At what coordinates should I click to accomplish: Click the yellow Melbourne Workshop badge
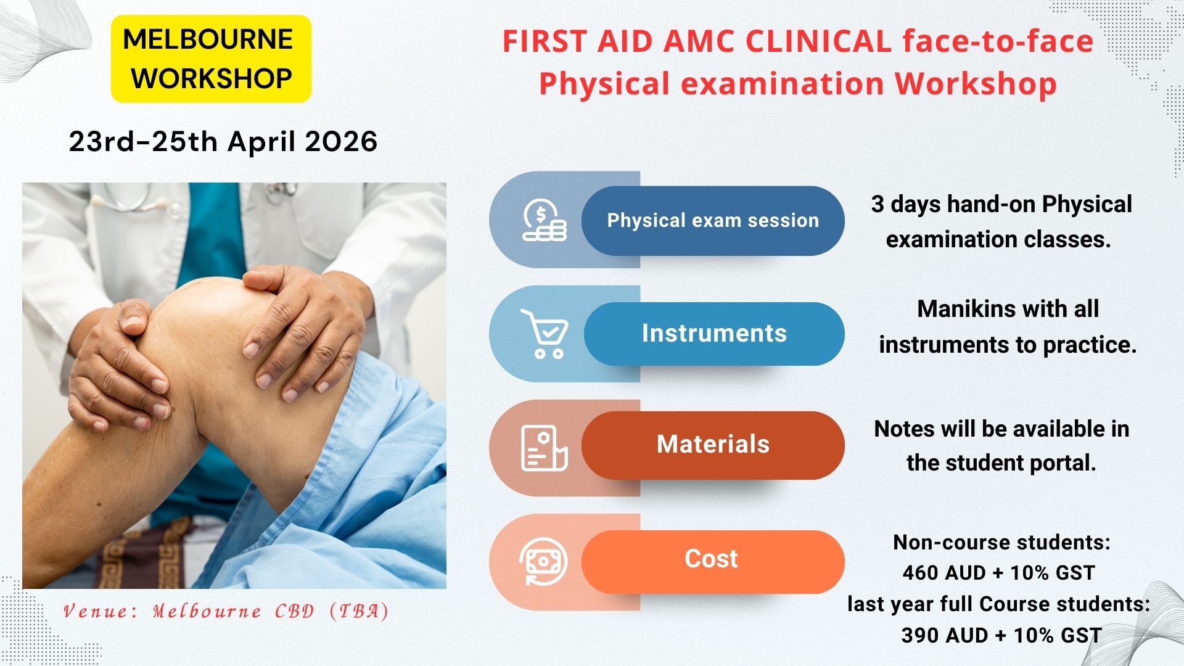211,59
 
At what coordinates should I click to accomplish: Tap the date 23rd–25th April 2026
223,142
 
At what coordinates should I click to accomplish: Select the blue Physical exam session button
713,221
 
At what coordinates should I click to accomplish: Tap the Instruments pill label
714,334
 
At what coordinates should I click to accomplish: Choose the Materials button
713,445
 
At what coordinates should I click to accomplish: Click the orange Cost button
712,559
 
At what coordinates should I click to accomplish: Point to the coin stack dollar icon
544,220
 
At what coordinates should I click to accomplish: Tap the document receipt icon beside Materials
543,448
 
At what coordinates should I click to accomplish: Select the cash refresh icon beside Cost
543,561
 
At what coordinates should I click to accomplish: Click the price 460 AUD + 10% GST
998,573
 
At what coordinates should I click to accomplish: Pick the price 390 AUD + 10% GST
1001,635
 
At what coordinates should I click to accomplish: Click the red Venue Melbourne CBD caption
226,612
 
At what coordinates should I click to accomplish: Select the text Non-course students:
1001,543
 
